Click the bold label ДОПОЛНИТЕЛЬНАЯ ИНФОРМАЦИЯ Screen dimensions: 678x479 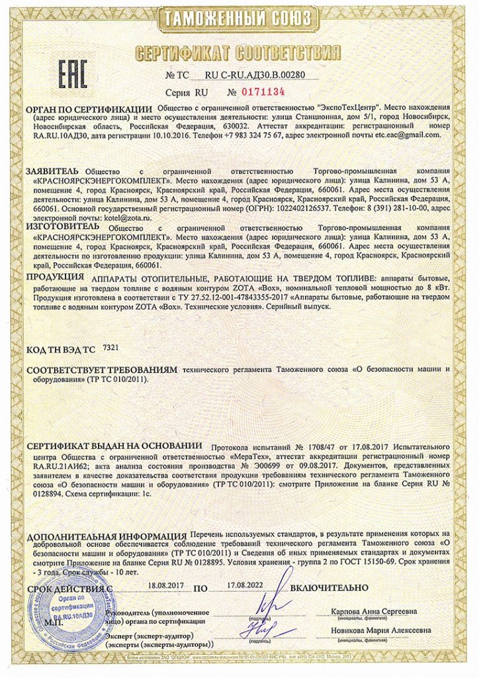[x=107, y=535]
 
